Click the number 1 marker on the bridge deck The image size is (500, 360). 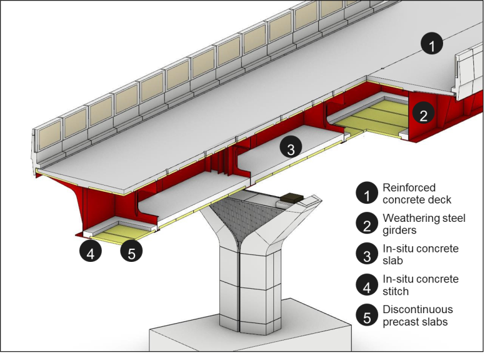(432, 44)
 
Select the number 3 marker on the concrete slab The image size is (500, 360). (290, 149)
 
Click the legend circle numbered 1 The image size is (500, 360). (366, 193)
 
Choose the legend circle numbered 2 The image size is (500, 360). (366, 224)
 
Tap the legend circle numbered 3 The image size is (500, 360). (366, 254)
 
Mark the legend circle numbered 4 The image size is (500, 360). (366, 284)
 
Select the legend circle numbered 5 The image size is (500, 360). (366, 315)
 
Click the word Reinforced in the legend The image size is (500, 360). (409, 187)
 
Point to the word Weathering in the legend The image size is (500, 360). (411, 218)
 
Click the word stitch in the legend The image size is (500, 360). (396, 291)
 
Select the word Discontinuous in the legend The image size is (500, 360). (417, 309)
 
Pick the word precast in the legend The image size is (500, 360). (401, 321)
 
